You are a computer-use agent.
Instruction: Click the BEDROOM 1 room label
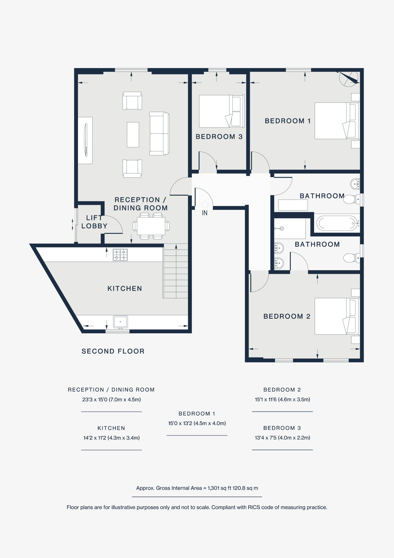pyautogui.click(x=287, y=121)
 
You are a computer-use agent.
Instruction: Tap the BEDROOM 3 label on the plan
pyautogui.click(x=219, y=137)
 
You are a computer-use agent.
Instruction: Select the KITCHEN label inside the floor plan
pyautogui.click(x=125, y=289)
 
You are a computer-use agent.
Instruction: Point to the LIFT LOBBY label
pyautogui.click(x=94, y=222)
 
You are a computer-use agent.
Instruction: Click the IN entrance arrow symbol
pyautogui.click(x=204, y=204)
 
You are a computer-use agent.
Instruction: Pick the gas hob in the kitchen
pyautogui.click(x=120, y=255)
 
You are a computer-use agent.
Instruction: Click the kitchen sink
pyautogui.click(x=120, y=322)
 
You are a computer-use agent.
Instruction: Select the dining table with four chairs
pyautogui.click(x=151, y=226)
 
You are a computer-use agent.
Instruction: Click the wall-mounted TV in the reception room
pyautogui.click(x=86, y=140)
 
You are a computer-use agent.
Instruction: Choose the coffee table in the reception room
pyautogui.click(x=133, y=135)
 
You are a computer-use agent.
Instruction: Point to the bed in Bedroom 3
pyautogui.click(x=221, y=111)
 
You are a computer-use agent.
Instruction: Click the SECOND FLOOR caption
pyautogui.click(x=113, y=351)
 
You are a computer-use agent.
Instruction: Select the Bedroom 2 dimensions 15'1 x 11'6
pyautogui.click(x=282, y=400)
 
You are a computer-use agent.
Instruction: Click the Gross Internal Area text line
pyautogui.click(x=197, y=488)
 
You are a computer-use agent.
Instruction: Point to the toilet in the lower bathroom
pyautogui.click(x=350, y=258)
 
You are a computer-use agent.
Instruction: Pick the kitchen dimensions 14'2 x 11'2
pyautogui.click(x=111, y=438)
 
